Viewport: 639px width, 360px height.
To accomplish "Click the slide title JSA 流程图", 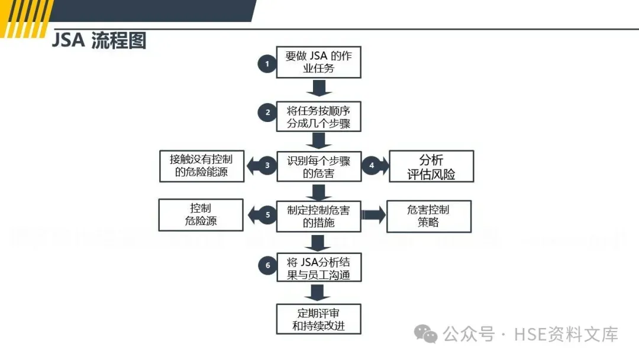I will point(98,41).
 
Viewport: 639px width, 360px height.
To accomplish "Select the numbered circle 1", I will point(267,63).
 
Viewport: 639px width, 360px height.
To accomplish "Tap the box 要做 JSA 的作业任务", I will point(319,62).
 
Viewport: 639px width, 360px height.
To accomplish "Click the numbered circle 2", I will point(267,112).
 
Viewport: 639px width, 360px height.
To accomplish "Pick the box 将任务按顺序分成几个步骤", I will point(319,117).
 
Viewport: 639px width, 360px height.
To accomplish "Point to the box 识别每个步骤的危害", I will point(319,167).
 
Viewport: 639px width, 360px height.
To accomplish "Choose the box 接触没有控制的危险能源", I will point(201,166).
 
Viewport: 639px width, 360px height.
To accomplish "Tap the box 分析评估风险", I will point(431,166).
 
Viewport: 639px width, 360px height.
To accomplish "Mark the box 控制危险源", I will point(201,216).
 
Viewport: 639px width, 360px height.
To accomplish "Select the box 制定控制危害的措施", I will point(319,216).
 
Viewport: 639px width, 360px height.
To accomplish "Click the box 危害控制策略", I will point(428,216).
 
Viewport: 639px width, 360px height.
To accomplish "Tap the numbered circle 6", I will point(267,266).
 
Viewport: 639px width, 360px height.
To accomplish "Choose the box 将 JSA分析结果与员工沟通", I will point(319,267).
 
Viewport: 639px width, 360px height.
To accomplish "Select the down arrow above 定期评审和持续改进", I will point(319,292).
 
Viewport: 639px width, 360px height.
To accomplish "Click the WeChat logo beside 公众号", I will point(427,335).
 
